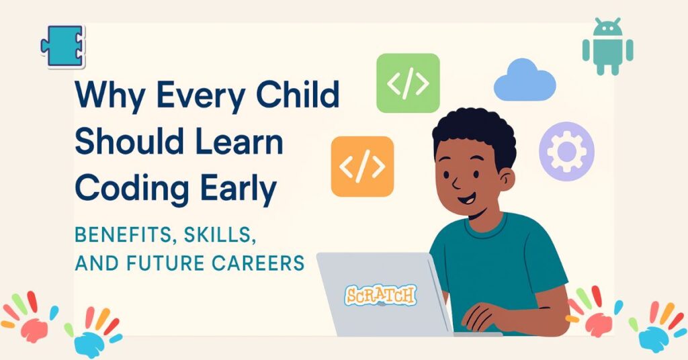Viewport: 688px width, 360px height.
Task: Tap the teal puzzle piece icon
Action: pyautogui.click(x=62, y=46)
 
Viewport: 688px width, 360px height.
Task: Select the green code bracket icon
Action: pyautogui.click(x=408, y=83)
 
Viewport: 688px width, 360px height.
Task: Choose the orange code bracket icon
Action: pyautogui.click(x=362, y=166)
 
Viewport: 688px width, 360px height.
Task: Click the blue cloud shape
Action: pyautogui.click(x=525, y=81)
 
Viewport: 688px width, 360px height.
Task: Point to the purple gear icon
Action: pyautogui.click(x=566, y=151)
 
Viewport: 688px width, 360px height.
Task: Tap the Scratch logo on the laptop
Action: pyautogui.click(x=380, y=295)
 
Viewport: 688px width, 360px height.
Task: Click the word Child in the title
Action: pyautogui.click(x=298, y=94)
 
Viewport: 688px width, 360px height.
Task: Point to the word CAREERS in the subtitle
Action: pyautogui.click(x=258, y=263)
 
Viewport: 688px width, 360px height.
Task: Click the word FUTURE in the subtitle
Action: pyautogui.click(x=167, y=263)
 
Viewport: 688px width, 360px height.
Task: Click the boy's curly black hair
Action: pyautogui.click(x=474, y=132)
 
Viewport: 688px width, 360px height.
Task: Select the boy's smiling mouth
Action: pyautogui.click(x=466, y=200)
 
